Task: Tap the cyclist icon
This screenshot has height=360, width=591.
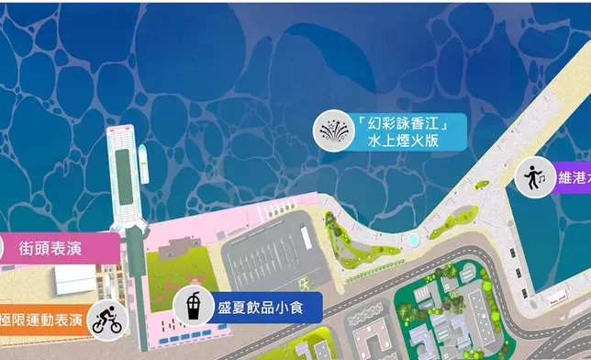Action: click(x=107, y=321)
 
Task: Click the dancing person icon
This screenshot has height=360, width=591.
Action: click(x=533, y=176)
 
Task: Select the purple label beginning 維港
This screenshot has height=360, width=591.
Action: click(x=569, y=175)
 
